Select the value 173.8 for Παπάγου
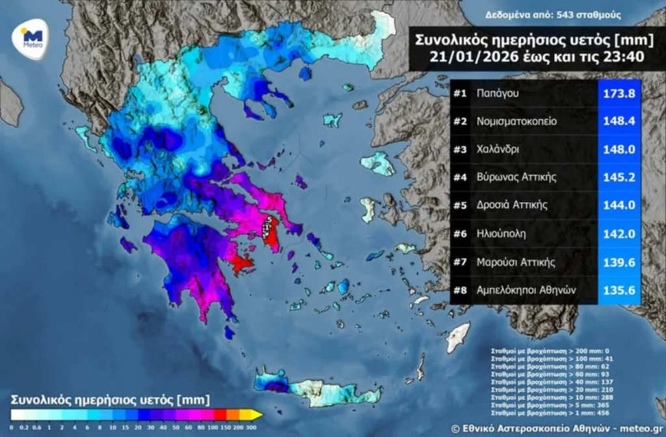620,94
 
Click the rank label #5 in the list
460,205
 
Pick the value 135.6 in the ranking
620,291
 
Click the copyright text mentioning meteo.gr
556,427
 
